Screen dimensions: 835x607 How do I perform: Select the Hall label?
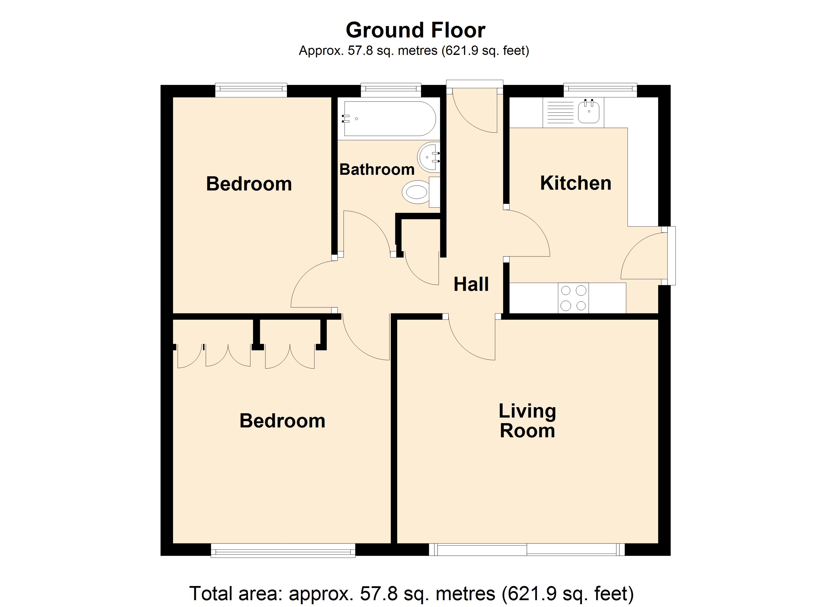471,284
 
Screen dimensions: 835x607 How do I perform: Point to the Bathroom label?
377,169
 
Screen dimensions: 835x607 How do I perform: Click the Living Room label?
527,421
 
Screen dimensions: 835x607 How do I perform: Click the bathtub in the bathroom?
389,119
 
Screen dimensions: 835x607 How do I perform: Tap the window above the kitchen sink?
600,90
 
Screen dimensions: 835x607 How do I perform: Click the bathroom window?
391,90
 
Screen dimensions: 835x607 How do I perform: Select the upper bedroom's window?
251,90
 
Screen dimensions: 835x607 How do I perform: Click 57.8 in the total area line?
379,593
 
